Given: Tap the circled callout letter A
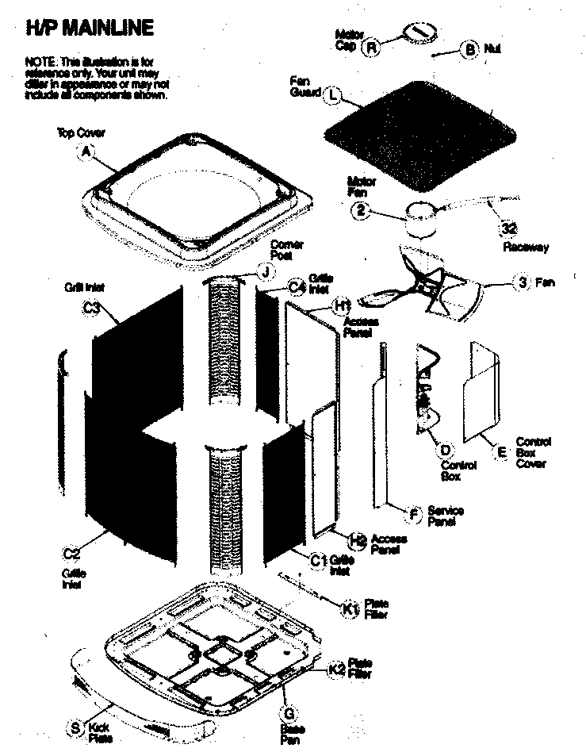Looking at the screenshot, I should click(x=86, y=153).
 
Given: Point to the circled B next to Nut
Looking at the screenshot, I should click(x=469, y=50).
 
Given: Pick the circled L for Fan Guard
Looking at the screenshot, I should click(x=333, y=94).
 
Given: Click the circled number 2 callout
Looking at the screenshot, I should click(x=360, y=212).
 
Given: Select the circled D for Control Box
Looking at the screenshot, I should click(x=445, y=450).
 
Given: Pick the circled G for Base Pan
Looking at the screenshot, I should click(x=289, y=712).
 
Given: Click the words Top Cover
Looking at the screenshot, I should click(x=81, y=132).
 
